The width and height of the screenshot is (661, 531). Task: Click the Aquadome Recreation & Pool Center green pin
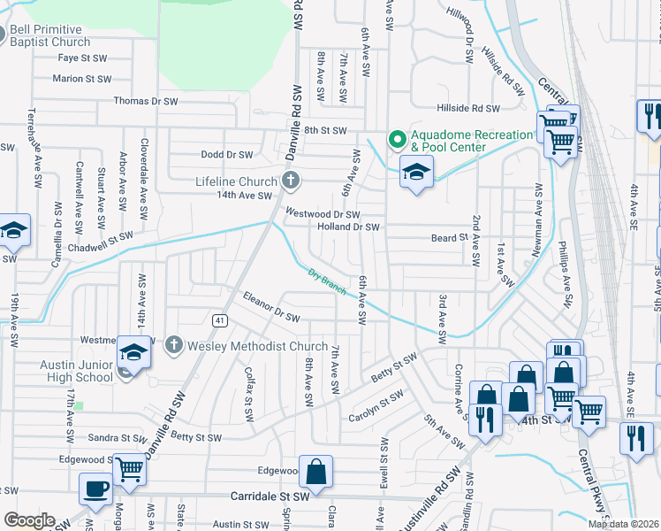[397, 139]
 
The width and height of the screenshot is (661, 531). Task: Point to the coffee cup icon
[95, 489]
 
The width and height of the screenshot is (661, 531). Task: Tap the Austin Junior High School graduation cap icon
[134, 353]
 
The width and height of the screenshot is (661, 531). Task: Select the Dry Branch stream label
[327, 282]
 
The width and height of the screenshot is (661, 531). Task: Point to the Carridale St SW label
[270, 497]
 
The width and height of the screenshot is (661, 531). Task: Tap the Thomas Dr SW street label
[145, 102]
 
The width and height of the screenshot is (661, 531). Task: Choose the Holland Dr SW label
[348, 227]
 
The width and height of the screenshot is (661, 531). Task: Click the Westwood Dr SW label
[323, 214]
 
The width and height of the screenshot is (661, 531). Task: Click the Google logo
[29, 520]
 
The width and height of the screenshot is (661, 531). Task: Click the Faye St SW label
[82, 58]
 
